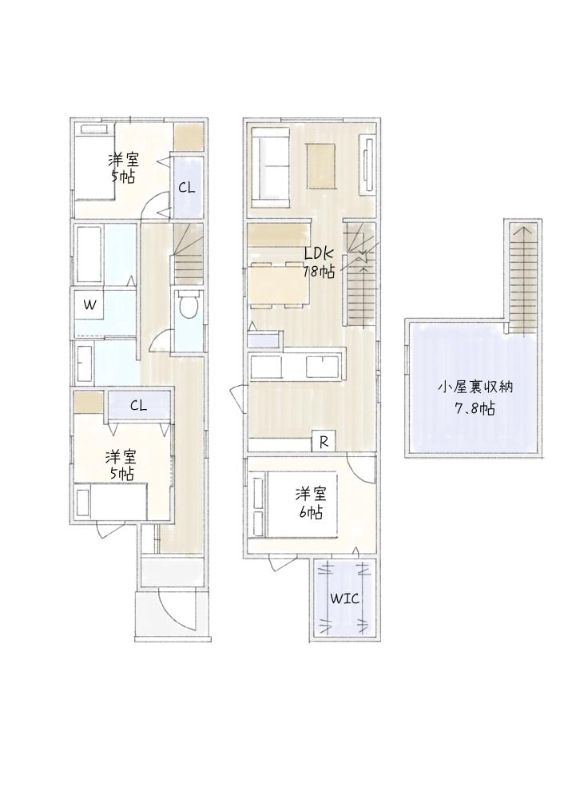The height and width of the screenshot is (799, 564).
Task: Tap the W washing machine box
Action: (x=90, y=304)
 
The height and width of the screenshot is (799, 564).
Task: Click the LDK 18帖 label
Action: (x=319, y=262)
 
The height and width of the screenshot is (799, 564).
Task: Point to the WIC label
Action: (x=345, y=598)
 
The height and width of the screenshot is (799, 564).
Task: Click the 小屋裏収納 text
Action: (x=475, y=387)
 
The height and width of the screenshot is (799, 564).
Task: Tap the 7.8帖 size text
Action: (x=475, y=408)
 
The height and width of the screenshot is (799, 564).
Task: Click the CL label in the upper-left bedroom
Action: (x=186, y=188)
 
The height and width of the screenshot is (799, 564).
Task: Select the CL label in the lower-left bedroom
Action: (x=138, y=406)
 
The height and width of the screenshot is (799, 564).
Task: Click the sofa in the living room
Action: (x=270, y=165)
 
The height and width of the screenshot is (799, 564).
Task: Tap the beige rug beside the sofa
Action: (x=320, y=165)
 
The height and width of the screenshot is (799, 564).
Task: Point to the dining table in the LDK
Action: (x=279, y=285)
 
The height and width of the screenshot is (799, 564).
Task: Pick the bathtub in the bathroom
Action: (x=89, y=254)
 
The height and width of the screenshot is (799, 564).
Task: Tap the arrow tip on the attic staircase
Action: (x=523, y=229)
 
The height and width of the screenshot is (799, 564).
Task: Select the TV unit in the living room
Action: (x=367, y=165)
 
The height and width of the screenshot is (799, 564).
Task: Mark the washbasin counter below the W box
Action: (x=84, y=363)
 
